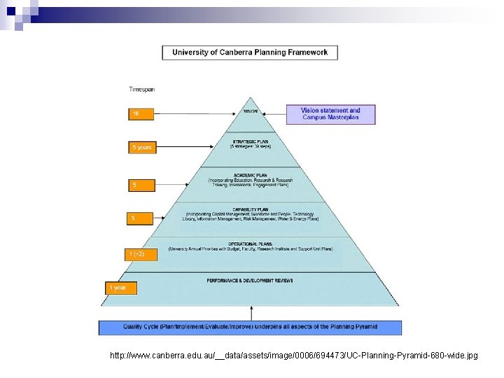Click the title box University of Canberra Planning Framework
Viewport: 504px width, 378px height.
tap(250, 52)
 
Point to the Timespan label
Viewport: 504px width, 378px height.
tap(142, 89)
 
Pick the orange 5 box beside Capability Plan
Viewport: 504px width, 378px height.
tap(139, 219)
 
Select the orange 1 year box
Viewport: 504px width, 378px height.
tap(120, 288)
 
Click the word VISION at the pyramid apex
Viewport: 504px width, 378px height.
tap(250, 111)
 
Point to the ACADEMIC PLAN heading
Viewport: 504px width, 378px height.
tap(250, 175)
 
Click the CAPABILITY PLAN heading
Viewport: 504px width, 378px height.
tap(250, 209)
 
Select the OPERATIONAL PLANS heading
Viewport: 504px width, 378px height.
tap(250, 243)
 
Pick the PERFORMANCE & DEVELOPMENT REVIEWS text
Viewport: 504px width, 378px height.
tap(250, 281)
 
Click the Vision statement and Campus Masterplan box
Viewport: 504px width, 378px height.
tap(330, 114)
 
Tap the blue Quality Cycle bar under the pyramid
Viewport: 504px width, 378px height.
tap(250, 327)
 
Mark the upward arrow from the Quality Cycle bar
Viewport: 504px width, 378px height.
tap(250, 313)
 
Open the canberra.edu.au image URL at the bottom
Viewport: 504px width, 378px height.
tap(294, 356)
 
